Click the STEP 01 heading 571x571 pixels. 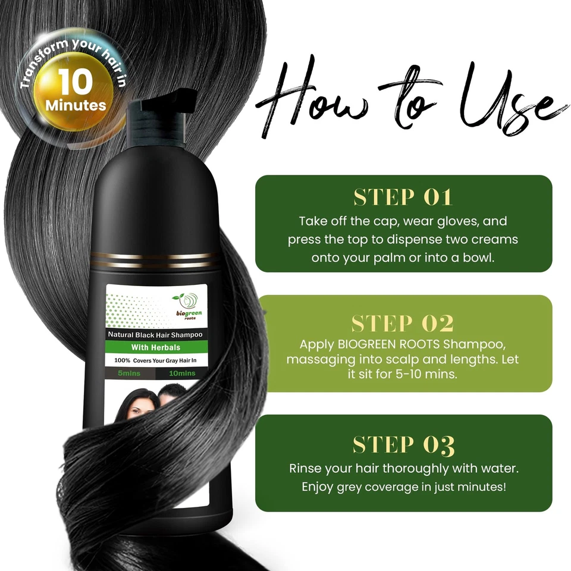403,197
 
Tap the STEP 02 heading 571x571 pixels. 403,323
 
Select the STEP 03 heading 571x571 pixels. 403,444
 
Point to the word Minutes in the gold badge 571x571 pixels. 76,106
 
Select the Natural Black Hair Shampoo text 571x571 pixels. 155,335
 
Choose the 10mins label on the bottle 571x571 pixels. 181,374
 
